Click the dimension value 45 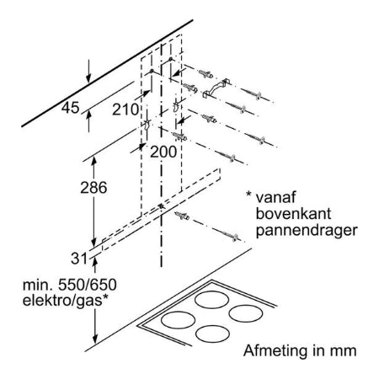[x=71, y=108]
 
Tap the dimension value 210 [x=125, y=109]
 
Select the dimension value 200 [x=163, y=152]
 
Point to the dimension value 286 [x=93, y=187]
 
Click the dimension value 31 [x=79, y=259]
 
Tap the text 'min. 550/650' [x=70, y=286]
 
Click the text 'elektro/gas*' [x=66, y=301]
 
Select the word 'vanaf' [x=275, y=197]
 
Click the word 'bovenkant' [x=293, y=214]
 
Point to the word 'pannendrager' [x=307, y=231]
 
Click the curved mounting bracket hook [x=216, y=88]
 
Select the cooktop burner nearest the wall [x=211, y=300]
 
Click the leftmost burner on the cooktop [x=179, y=320]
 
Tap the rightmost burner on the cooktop [x=246, y=313]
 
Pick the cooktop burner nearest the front [x=212, y=334]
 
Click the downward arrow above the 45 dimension [x=88, y=72]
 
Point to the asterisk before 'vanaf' [x=248, y=194]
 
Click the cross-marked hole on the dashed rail [x=162, y=206]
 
